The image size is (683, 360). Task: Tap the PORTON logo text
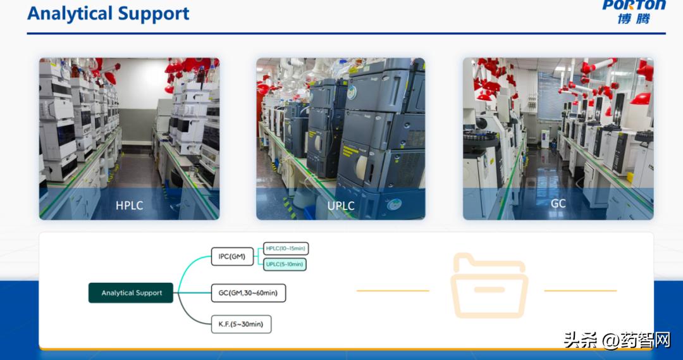634,5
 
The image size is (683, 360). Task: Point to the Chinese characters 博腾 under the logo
634,18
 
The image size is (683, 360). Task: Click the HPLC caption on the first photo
129,206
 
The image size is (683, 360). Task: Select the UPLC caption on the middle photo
340,206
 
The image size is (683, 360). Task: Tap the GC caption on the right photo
558,204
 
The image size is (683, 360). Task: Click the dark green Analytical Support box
131,293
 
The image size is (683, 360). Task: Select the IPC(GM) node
232,257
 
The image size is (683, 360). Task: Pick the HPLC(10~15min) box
286,249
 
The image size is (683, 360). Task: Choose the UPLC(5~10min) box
285,264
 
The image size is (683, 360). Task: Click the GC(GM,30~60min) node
248,293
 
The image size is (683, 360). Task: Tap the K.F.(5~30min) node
241,325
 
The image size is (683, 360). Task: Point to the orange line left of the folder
393,291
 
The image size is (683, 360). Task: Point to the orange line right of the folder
580,291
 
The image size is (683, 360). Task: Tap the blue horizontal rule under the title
341,34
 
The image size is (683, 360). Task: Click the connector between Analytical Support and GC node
192,293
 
